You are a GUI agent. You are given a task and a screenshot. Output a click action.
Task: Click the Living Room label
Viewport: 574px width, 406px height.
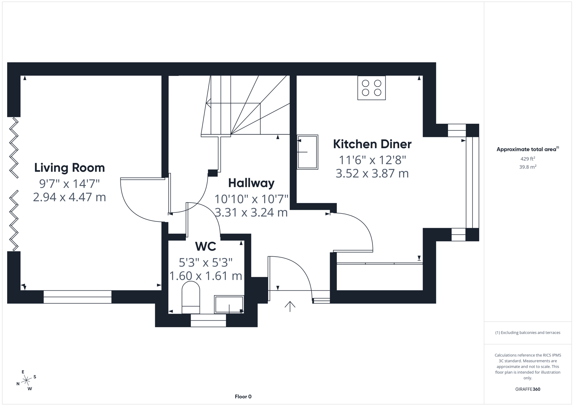70,168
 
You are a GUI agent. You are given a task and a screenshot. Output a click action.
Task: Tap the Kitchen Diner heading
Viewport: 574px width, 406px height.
372,144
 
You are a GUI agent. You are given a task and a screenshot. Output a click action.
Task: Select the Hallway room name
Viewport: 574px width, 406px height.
251,183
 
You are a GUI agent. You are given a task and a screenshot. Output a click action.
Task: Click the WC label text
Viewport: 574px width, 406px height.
206,247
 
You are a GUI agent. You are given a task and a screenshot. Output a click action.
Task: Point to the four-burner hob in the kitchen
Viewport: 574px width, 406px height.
371,88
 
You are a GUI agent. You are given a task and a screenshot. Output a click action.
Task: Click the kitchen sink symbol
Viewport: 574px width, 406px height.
307,152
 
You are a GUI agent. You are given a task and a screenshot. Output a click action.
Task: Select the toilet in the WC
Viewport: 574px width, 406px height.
191,297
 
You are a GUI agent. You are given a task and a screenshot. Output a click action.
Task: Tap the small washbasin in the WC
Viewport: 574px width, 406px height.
229,304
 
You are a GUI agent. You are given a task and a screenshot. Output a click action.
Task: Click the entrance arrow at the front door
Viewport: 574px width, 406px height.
290,306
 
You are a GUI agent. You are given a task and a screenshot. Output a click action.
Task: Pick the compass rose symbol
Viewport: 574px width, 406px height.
26,380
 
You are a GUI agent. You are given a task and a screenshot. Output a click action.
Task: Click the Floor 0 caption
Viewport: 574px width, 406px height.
243,397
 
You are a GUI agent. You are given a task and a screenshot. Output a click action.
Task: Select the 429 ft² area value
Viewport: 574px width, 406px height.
527,159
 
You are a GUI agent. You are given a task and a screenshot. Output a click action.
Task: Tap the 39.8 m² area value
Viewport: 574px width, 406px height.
527,167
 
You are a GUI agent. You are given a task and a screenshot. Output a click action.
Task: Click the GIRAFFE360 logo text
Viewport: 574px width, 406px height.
527,389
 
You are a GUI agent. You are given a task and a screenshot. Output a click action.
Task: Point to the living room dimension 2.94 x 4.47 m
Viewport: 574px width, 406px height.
70,197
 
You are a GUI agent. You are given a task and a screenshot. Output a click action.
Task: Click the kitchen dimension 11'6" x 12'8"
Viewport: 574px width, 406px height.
372,160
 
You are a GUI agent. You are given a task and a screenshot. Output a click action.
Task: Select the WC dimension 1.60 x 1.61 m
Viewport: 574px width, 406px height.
206,276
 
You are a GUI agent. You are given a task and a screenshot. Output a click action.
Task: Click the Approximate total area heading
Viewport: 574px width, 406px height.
527,149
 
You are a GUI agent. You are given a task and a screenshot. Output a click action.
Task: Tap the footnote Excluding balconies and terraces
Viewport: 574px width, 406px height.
527,332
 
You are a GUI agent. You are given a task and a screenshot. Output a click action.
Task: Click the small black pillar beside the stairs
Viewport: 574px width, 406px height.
213,173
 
